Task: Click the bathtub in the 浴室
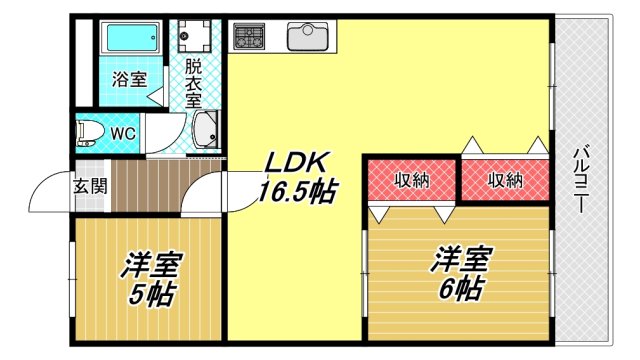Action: (131, 40)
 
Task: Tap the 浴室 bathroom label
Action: (127, 78)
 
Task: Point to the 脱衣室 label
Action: (193, 86)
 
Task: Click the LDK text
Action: (292, 162)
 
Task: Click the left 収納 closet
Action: (410, 180)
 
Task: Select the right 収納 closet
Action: (505, 180)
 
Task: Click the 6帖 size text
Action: (460, 290)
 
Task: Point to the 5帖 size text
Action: (152, 295)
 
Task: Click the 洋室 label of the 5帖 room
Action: (152, 266)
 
